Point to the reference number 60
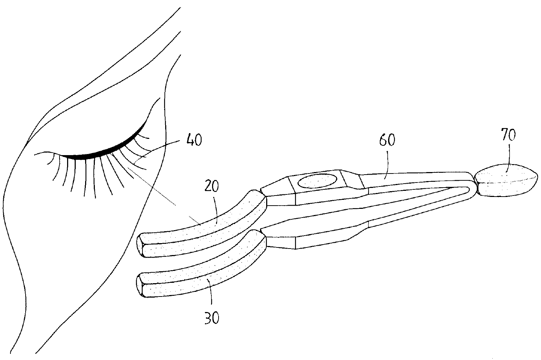pos(387,140)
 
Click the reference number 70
pos(508,135)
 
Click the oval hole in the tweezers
pos(317,181)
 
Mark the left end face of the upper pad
pos(142,245)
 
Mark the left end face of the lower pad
pos(141,286)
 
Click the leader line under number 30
pos(210,298)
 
